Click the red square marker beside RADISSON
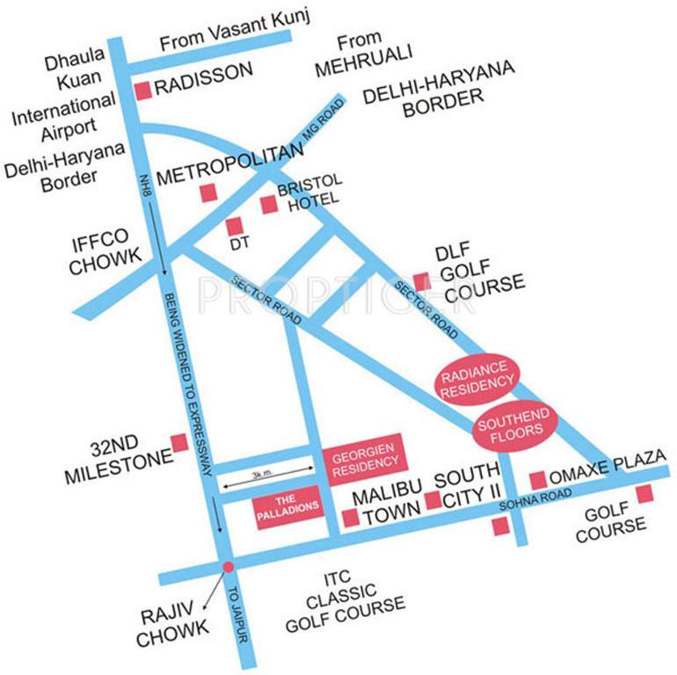tap(142, 90)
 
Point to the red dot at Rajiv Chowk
tap(228, 567)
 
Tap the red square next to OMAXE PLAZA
tap(537, 480)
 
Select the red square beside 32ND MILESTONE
tap(179, 442)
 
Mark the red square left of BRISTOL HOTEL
tap(269, 204)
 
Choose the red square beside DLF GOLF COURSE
tap(422, 281)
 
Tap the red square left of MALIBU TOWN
tap(351, 518)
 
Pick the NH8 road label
tap(147, 187)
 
